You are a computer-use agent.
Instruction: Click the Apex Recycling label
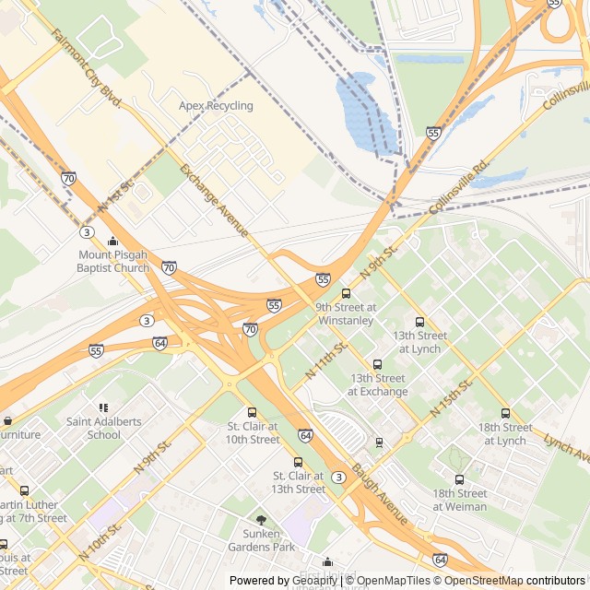(216, 106)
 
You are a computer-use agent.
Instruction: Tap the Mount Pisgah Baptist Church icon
(112, 242)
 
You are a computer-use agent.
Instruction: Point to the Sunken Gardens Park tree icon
(261, 520)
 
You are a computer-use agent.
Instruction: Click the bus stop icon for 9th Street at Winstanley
(346, 293)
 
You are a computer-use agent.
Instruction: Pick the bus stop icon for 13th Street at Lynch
(419, 323)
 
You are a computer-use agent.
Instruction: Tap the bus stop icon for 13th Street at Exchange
(377, 365)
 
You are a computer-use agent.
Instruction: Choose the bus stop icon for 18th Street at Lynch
(504, 414)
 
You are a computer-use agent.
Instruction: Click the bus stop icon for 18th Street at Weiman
(459, 479)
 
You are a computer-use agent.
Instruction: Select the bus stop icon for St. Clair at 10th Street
(253, 413)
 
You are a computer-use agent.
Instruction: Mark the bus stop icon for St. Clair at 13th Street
(298, 462)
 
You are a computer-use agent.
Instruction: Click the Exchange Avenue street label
(214, 200)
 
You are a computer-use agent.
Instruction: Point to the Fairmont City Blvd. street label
(88, 69)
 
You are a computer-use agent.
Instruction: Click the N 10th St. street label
(100, 543)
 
